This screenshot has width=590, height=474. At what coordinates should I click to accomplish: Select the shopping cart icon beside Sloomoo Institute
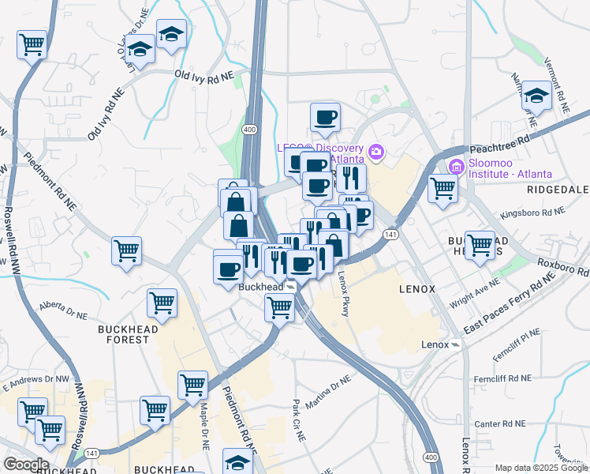442,189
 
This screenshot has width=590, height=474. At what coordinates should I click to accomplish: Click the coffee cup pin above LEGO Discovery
325,118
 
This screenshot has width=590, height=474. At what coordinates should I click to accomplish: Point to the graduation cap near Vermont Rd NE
536,96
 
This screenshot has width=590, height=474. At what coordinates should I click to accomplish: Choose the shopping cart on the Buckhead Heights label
479,244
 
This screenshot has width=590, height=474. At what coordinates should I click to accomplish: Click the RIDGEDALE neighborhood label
558,190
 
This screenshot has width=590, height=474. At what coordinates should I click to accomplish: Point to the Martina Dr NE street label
328,393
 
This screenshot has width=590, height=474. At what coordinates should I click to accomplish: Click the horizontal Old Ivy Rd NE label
204,76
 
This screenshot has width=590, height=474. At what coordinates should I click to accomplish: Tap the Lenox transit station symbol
455,344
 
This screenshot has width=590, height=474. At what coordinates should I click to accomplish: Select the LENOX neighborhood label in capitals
416,289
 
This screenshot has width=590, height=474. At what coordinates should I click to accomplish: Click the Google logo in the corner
25,465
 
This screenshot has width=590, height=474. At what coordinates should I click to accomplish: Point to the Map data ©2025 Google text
541,468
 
